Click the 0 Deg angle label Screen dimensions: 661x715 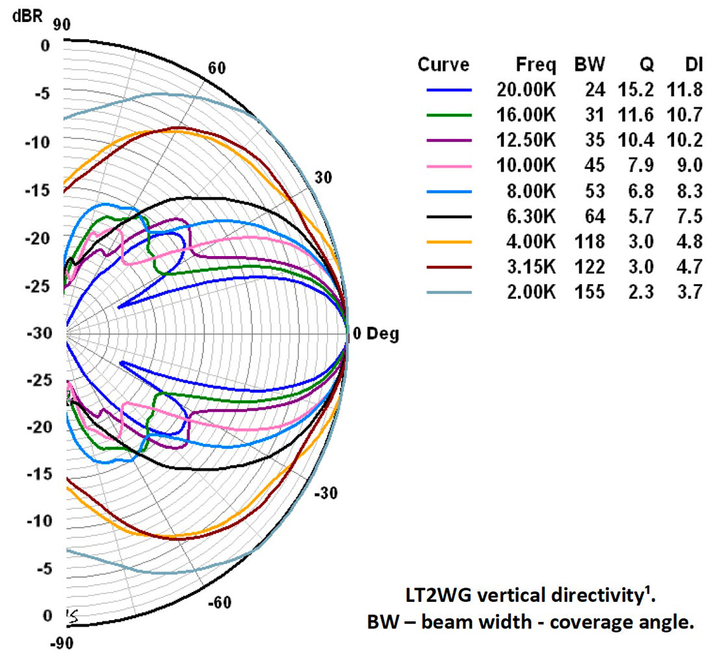[x=376, y=335]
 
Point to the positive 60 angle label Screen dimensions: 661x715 [x=216, y=69]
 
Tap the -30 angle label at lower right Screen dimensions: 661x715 [x=325, y=493]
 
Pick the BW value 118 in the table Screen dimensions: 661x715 [x=590, y=242]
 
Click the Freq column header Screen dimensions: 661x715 [x=536, y=64]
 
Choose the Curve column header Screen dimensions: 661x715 [x=443, y=64]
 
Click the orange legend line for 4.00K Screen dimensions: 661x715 [x=448, y=242]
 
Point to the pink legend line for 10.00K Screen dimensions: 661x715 [x=448, y=166]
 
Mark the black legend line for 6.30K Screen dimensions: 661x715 [x=448, y=216]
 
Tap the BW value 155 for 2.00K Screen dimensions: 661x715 [x=590, y=292]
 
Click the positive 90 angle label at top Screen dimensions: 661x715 [x=62, y=24]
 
